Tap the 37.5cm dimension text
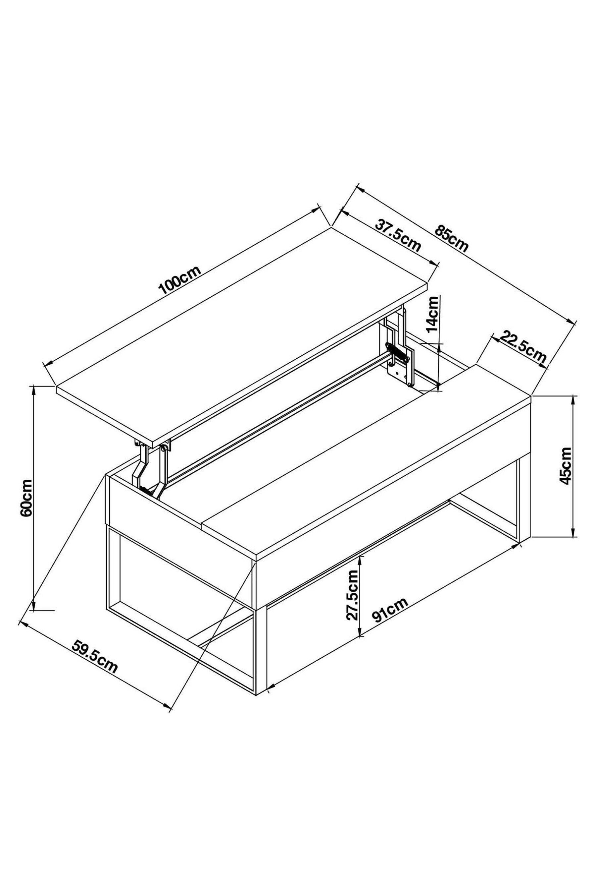[398, 235]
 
